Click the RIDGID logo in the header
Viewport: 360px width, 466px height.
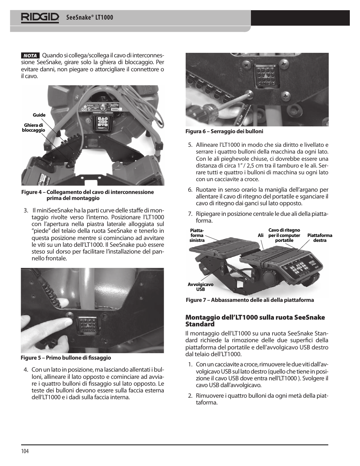(40, 17)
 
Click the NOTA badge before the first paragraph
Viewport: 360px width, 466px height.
(30, 55)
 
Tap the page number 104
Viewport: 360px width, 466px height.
(25, 451)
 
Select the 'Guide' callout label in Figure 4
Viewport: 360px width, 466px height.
(39, 115)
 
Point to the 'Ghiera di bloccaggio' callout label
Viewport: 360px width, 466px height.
(33, 128)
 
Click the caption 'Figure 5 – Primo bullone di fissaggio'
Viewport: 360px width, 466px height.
(66, 358)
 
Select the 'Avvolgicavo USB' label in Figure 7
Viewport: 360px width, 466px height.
(200, 287)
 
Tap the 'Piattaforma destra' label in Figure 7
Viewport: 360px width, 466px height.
(320, 238)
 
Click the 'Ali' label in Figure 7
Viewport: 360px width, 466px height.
(260, 235)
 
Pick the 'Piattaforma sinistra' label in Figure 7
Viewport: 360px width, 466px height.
(197, 235)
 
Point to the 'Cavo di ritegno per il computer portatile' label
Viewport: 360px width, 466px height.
(284, 235)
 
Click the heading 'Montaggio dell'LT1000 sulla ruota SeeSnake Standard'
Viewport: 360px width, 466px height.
(255, 321)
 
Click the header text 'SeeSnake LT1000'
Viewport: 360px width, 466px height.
(89, 18)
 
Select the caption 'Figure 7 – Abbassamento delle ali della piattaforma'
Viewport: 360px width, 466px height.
(250, 300)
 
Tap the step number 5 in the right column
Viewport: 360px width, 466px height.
(190, 145)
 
